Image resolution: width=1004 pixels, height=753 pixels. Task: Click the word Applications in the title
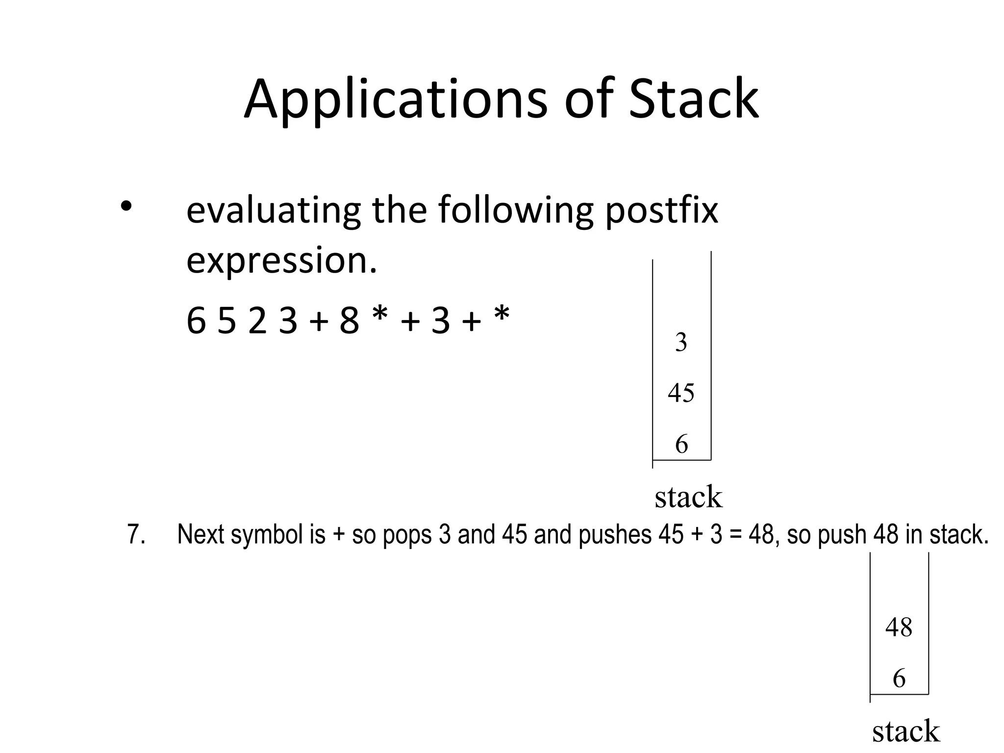pyautogui.click(x=395, y=100)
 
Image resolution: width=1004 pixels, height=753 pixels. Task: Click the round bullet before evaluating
pyautogui.click(x=126, y=205)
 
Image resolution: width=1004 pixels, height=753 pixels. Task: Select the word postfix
pyautogui.click(x=661, y=210)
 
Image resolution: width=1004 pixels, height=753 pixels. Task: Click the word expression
pyautogui.click(x=282, y=260)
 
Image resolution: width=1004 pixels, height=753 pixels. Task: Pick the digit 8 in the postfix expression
pyautogui.click(x=349, y=321)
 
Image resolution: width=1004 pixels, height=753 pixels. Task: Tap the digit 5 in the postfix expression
pyautogui.click(x=226, y=321)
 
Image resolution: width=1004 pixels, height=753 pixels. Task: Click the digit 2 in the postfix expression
pyautogui.click(x=257, y=321)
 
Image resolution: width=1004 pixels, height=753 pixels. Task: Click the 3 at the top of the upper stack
pyautogui.click(x=681, y=342)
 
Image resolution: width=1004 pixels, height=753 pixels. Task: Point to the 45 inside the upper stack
pyautogui.click(x=681, y=393)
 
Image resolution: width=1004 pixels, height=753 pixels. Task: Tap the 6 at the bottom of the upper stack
pyautogui.click(x=681, y=444)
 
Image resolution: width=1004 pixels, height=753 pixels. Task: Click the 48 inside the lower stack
pyautogui.click(x=899, y=627)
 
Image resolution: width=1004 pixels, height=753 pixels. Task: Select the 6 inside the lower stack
pyautogui.click(x=899, y=678)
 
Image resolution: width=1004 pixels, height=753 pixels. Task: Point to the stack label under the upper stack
pyautogui.click(x=688, y=497)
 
